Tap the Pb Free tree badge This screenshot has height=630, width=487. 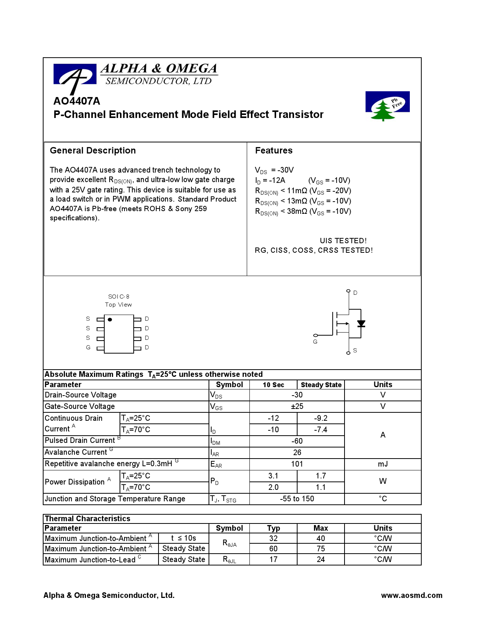tap(387, 106)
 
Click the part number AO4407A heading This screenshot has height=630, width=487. tap(77, 101)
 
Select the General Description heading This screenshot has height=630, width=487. tap(93, 150)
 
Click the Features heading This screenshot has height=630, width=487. tap(273, 150)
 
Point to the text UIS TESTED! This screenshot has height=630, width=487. tap(343, 241)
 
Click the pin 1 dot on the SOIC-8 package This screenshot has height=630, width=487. tap(110, 320)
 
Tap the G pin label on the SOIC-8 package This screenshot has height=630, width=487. tap(88, 347)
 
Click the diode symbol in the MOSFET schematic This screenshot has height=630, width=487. tap(361, 324)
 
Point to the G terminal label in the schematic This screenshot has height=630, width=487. tap(315, 342)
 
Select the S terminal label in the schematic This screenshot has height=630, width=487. tap(355, 351)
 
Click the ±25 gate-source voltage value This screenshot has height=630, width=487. tap(297, 406)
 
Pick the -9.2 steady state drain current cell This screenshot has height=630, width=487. tap(320, 418)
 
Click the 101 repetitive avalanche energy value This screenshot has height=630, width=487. tap(297, 464)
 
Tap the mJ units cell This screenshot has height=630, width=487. tap(383, 464)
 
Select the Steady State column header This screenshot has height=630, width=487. tap(321, 385)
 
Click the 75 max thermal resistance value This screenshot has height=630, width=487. tap(320, 549)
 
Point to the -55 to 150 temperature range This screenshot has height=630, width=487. tap(297, 499)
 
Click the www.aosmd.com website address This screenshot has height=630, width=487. tap(411, 595)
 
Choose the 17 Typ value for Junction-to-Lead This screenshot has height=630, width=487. tap(273, 559)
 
